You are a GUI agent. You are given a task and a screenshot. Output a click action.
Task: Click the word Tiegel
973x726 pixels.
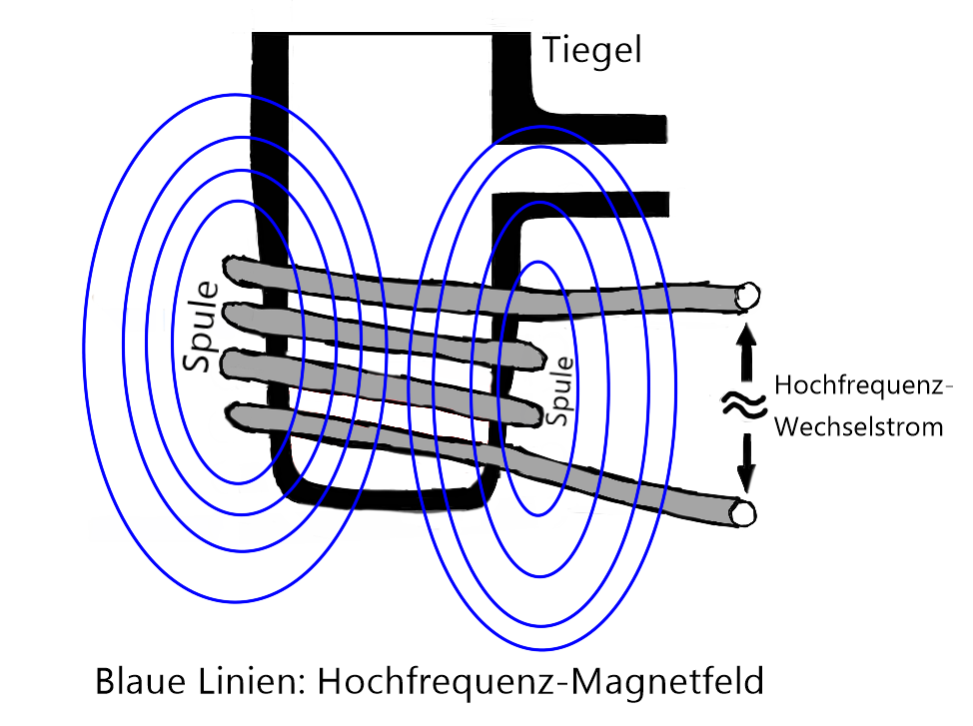[591, 50]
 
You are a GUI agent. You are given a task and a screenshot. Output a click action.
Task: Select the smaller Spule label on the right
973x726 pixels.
[563, 389]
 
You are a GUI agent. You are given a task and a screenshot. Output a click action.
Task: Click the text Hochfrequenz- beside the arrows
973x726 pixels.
[865, 384]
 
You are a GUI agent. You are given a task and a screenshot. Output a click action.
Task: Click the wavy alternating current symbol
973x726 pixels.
[743, 405]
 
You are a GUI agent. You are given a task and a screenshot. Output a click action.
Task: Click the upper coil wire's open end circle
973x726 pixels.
[746, 295]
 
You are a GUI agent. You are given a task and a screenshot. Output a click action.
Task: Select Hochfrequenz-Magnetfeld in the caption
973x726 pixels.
[540, 682]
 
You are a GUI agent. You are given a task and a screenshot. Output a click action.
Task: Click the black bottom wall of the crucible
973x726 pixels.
[390, 496]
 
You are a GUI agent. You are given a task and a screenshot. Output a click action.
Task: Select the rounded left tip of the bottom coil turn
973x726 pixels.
[236, 411]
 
